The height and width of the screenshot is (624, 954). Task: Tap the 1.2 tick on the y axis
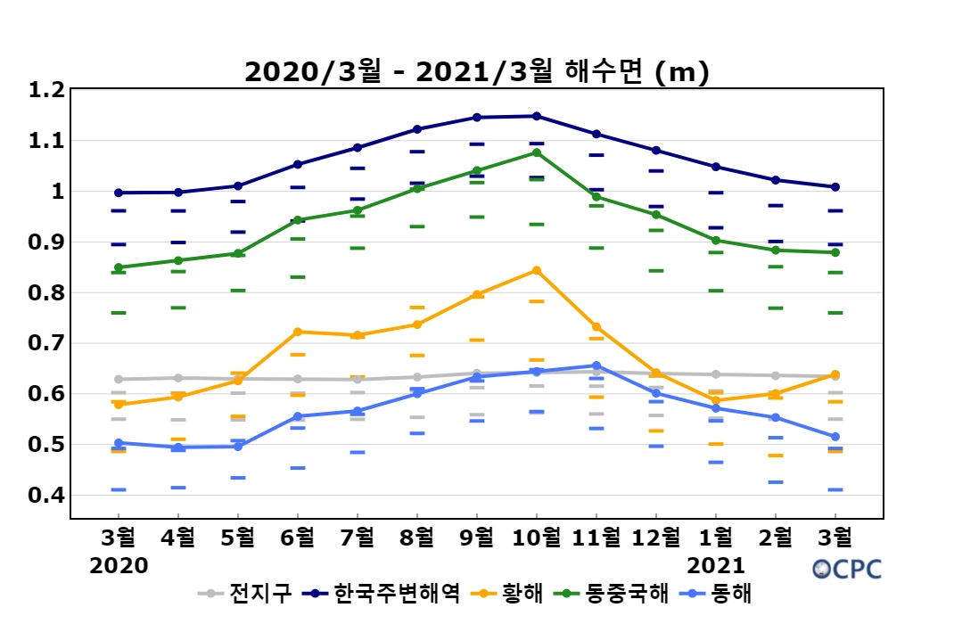46,90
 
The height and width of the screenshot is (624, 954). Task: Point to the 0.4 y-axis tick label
46,495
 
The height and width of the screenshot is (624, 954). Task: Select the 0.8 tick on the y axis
46,292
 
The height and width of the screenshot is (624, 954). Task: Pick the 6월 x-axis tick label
297,538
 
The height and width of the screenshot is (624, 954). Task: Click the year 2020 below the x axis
119,565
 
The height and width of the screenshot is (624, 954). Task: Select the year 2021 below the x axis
715,565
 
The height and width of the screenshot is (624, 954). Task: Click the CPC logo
846,568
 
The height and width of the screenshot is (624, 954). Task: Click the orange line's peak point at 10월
536,270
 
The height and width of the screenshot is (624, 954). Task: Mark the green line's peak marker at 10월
536,152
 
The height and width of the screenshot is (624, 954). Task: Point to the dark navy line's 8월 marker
416,129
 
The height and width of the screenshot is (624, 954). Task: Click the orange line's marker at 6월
297,332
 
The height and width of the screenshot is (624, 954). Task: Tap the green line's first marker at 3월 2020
119,267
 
